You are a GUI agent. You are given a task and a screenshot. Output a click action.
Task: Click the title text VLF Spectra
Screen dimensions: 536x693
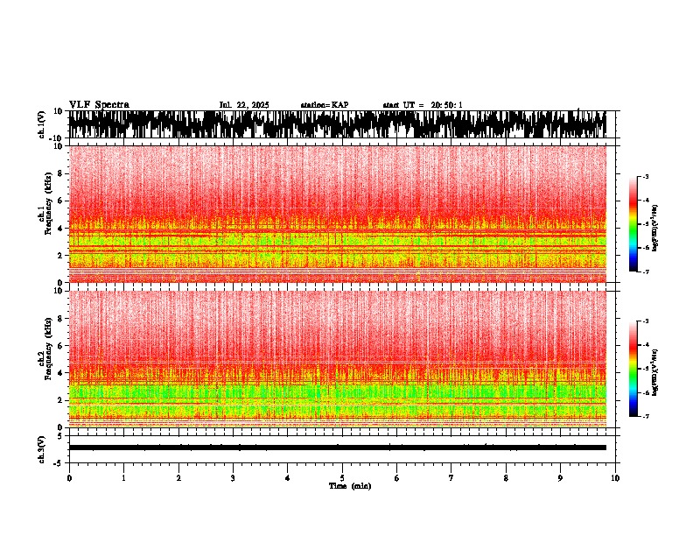click(99, 105)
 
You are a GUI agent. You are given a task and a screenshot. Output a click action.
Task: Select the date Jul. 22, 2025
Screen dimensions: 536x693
click(244, 105)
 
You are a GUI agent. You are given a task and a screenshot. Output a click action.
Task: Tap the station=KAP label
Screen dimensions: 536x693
click(324, 105)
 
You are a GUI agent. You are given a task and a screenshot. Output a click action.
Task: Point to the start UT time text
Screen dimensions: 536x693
click(423, 105)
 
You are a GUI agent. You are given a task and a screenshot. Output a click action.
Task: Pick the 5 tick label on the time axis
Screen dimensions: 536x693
click(342, 477)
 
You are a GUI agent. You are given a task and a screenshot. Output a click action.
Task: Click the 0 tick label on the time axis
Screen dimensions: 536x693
click(69, 477)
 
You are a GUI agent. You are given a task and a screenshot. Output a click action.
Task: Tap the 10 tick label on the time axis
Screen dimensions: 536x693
click(615, 477)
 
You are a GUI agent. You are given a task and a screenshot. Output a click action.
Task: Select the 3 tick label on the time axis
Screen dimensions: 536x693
click(233, 477)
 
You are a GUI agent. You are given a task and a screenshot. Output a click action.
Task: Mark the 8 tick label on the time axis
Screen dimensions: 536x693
click(506, 477)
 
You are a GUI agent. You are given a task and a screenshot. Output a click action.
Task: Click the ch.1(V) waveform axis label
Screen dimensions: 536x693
click(41, 124)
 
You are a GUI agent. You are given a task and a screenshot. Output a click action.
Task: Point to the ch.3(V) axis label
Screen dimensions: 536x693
click(41, 448)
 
